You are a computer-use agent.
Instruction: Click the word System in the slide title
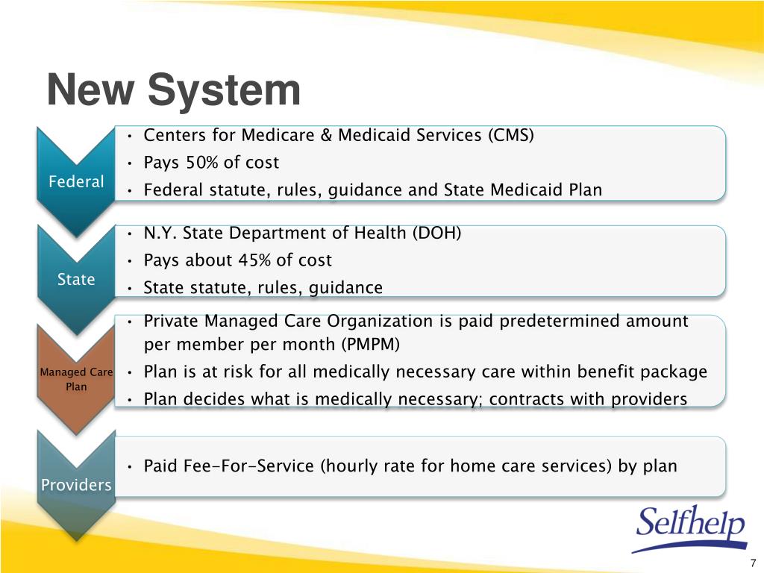(224, 91)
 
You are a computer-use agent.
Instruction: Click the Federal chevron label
(76, 182)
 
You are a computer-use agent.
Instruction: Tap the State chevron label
(76, 279)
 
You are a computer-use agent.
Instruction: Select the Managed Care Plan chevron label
(76, 378)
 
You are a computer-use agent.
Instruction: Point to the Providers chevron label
(76, 485)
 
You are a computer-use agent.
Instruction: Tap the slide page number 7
(753, 563)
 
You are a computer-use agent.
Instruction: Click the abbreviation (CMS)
(511, 135)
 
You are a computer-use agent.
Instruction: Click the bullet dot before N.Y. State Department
(130, 234)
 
